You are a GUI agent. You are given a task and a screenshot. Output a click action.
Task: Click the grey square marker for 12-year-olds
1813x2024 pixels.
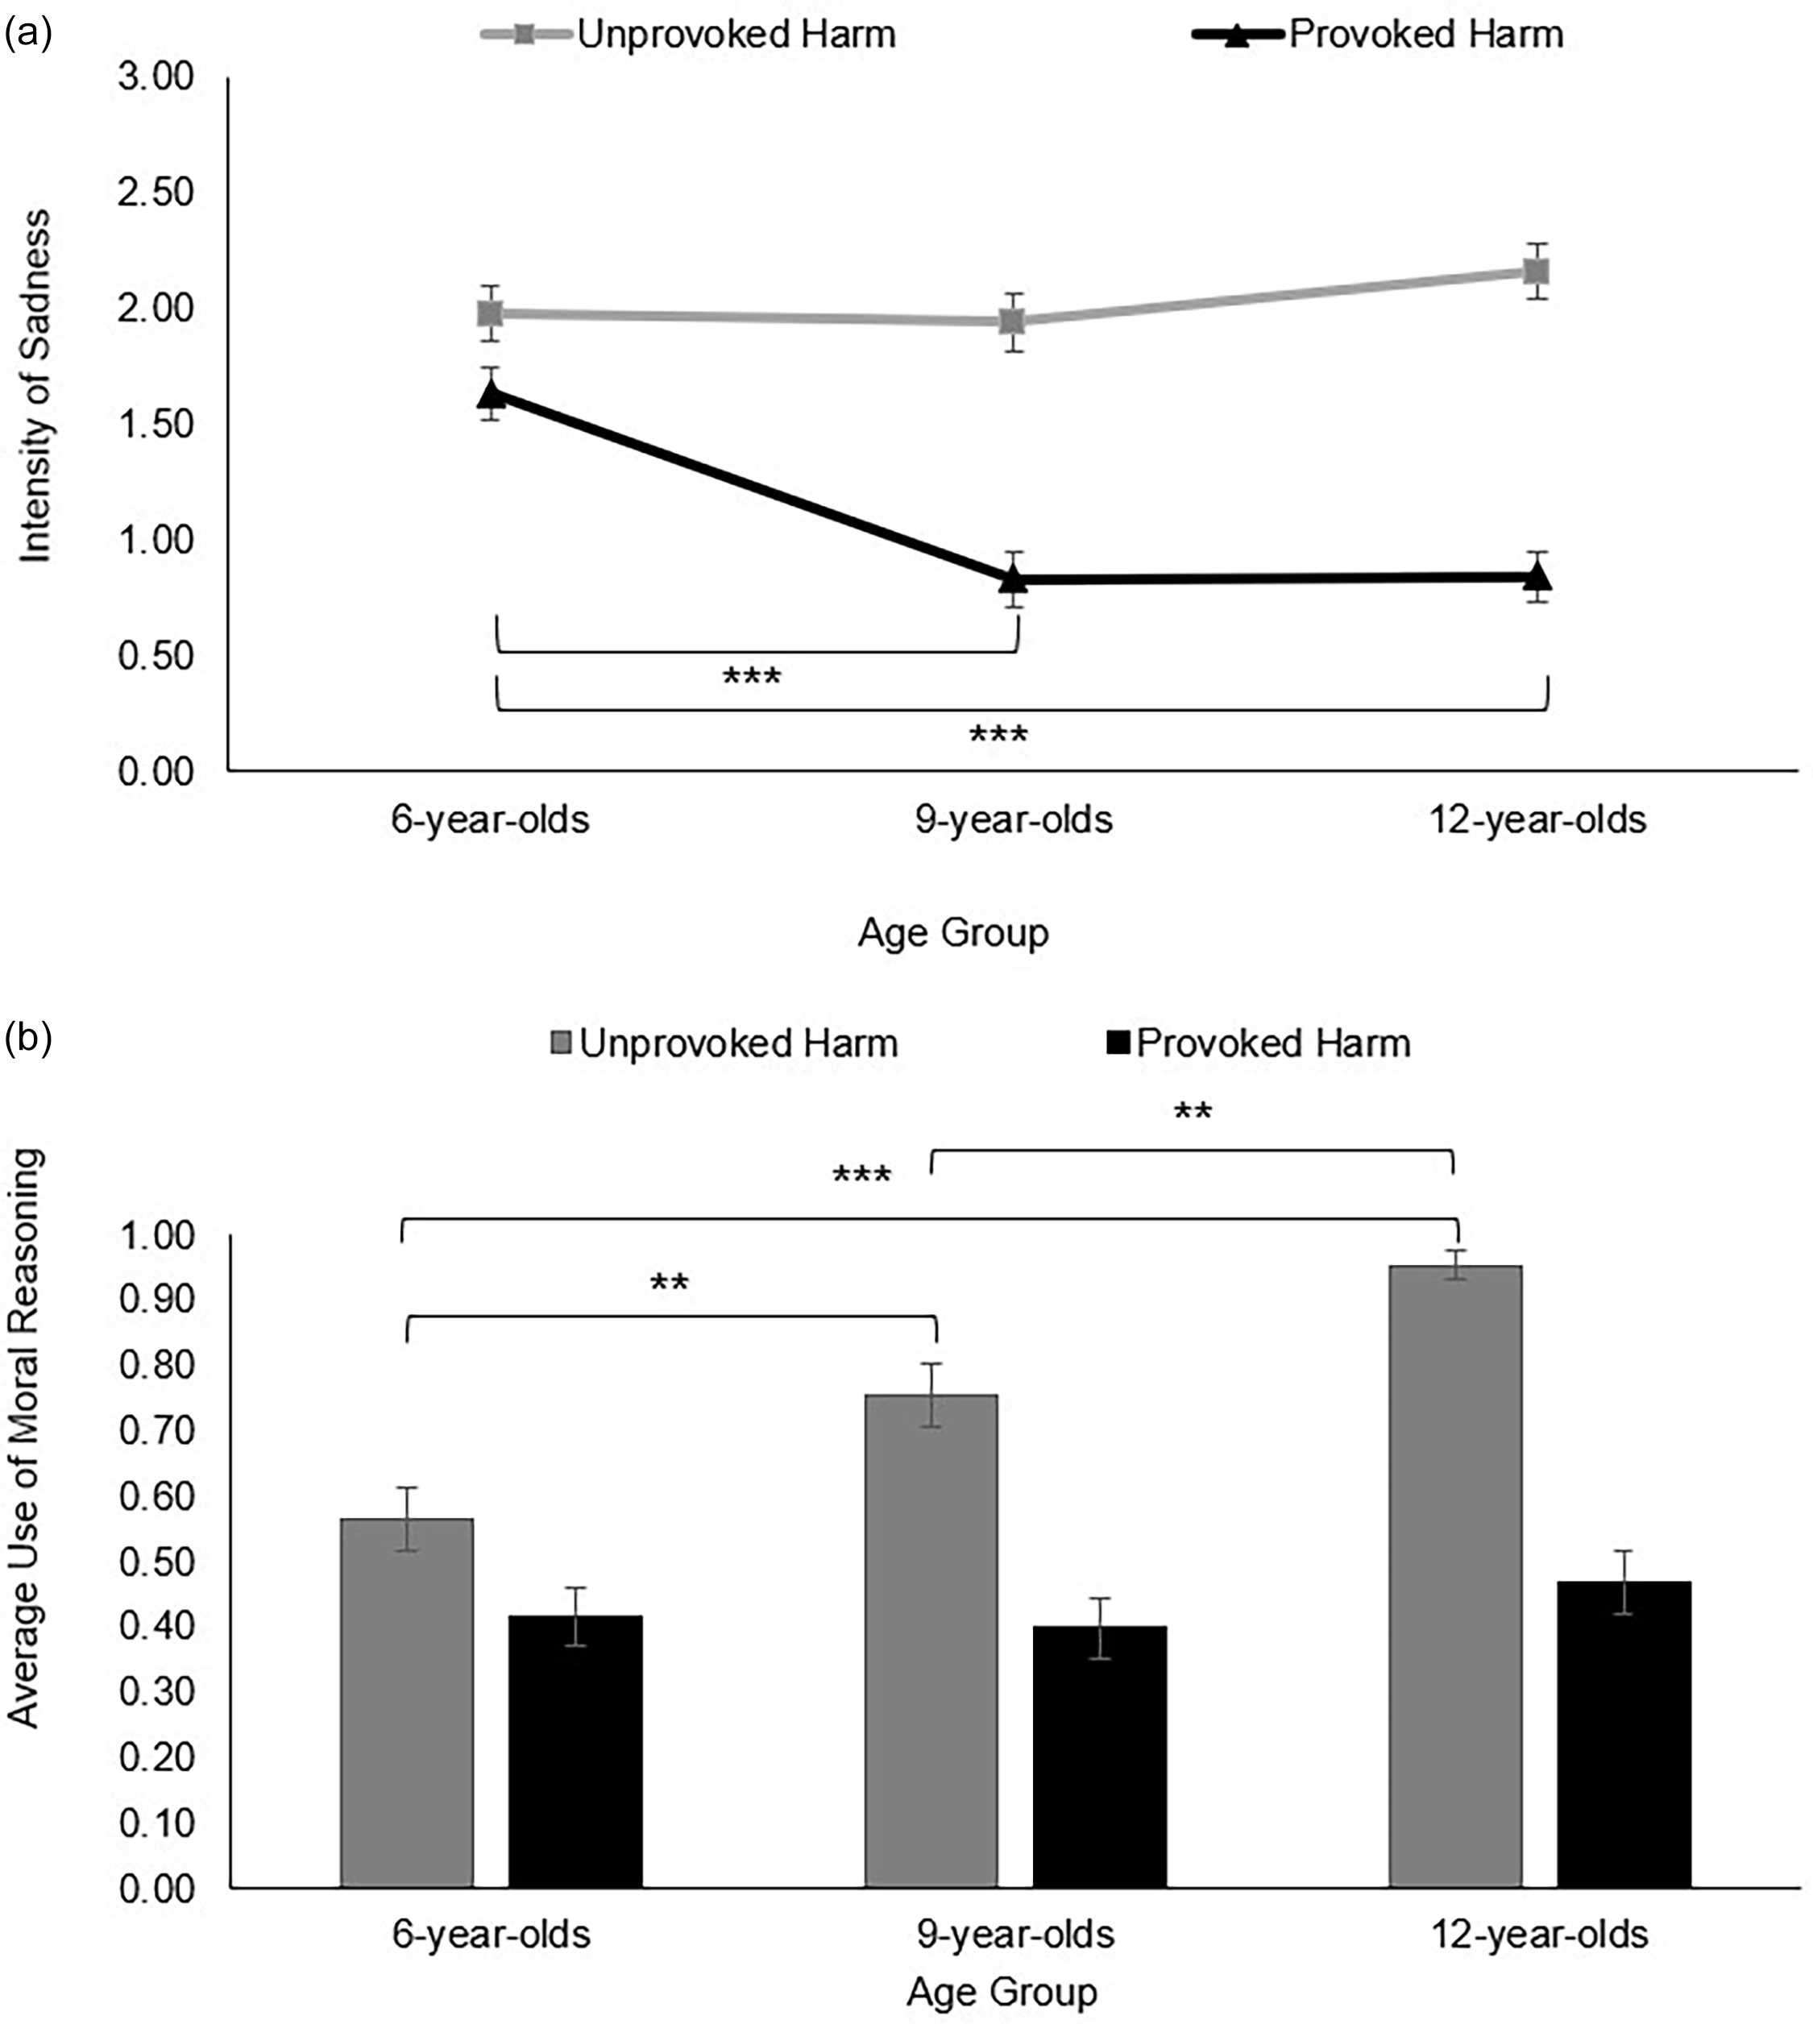(x=1537, y=271)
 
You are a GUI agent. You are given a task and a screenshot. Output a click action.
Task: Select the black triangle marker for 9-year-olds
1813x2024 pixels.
(x=1013, y=578)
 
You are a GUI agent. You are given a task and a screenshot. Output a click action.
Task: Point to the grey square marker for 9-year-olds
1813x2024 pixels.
(x=1013, y=321)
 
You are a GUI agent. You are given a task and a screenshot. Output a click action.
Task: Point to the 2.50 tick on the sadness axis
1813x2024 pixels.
(x=156, y=191)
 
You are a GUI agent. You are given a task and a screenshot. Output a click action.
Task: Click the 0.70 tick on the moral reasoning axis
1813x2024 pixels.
(x=156, y=1430)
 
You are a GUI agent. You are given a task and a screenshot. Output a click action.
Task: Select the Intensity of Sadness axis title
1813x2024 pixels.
(x=36, y=387)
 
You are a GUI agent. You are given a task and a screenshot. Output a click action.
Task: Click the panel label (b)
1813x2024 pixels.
(x=28, y=1038)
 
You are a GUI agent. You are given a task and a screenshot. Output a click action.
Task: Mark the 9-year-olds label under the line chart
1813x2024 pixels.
(x=1013, y=819)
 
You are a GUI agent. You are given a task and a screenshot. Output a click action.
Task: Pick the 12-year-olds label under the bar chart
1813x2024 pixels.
(x=1539, y=1935)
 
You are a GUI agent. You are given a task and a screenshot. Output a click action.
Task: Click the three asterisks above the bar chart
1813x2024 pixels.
(x=861, y=1176)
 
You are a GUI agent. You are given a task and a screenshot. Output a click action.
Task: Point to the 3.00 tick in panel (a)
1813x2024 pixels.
(x=156, y=77)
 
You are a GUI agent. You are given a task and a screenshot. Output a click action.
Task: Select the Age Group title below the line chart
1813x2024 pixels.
(x=953, y=933)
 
